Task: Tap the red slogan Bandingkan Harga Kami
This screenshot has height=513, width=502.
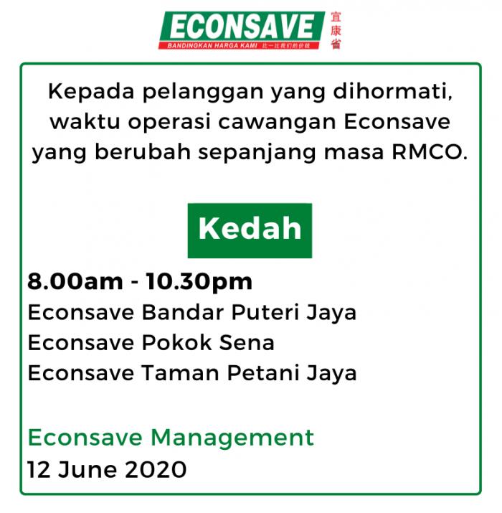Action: point(212,45)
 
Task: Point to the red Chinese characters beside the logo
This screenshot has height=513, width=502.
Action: point(336,30)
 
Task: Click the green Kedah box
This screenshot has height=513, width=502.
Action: point(250,230)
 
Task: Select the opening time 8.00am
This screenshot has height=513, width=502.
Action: point(75,281)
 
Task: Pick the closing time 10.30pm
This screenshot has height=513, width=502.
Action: point(199,282)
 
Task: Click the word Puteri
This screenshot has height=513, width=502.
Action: point(265,312)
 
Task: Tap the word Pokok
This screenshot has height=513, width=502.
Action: point(176,342)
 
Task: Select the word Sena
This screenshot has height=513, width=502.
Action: point(247,342)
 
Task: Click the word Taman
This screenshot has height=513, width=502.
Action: point(180,373)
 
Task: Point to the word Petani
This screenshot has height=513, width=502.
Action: point(262,373)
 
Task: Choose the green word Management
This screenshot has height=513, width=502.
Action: point(232,438)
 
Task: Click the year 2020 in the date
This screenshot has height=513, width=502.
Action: point(156,470)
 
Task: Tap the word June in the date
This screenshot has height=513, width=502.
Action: point(87,470)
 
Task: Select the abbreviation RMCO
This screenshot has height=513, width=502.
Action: point(430,152)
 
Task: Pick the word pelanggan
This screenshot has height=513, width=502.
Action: point(203,93)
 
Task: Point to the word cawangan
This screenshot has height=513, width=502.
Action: point(278,123)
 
